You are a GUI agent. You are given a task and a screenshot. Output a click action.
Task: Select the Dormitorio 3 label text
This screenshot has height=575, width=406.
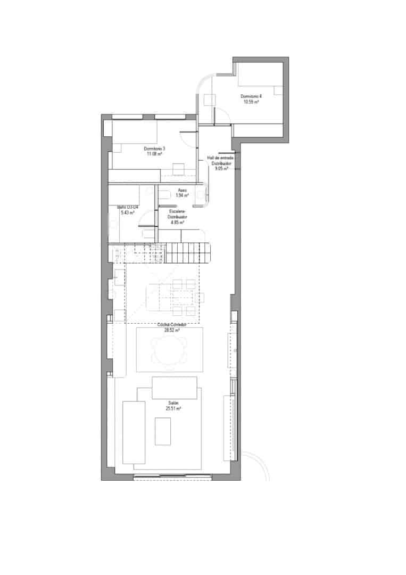click(155, 149)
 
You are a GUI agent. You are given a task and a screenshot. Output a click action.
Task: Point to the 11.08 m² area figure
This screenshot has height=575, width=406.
click(154, 153)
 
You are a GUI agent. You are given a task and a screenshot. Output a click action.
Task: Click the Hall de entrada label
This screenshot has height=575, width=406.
click(220, 158)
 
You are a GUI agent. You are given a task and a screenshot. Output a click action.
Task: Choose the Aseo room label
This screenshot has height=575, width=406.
click(183, 191)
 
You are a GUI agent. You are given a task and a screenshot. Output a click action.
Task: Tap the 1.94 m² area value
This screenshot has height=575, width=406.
click(183, 195)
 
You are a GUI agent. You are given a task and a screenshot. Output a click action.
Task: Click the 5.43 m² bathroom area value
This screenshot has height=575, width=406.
click(127, 212)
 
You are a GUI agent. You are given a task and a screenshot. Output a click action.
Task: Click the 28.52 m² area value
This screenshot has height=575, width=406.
click(171, 330)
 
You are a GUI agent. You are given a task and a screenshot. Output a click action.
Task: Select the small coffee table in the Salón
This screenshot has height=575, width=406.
click(162, 431)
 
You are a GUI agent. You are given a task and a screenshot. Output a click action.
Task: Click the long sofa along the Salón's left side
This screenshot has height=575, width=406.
click(134, 432)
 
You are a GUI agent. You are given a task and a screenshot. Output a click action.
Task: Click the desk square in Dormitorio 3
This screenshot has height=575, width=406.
click(178, 169)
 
